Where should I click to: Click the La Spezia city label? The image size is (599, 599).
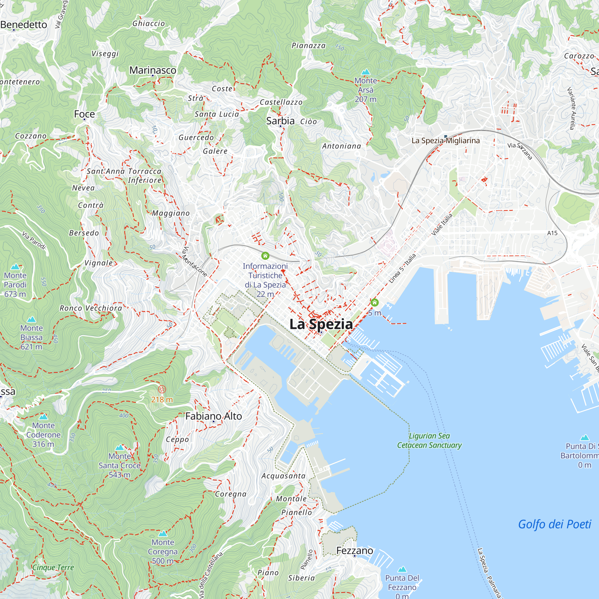(x=321, y=324)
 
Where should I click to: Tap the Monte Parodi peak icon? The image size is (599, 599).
(x=15, y=267)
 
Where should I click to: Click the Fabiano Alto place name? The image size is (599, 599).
(x=213, y=416)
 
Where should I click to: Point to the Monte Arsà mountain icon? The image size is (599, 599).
(x=366, y=72)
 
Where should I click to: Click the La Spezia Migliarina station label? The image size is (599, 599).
(x=446, y=141)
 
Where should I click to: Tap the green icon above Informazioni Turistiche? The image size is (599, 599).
(x=265, y=256)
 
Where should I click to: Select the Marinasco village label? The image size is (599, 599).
(x=152, y=70)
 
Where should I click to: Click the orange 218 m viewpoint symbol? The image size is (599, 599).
(x=162, y=389)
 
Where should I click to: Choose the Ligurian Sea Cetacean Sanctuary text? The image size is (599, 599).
(x=429, y=441)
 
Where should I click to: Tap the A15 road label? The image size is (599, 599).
(x=552, y=233)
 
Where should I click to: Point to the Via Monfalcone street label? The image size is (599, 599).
(x=194, y=261)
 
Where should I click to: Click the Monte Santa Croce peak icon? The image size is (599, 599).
(x=120, y=448)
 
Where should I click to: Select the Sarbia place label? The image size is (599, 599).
(x=280, y=121)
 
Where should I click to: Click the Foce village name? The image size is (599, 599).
(x=84, y=114)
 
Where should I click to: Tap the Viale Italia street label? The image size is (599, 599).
(x=442, y=224)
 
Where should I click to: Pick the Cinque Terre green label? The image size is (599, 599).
(x=53, y=567)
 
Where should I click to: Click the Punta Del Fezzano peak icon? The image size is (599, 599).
(x=402, y=569)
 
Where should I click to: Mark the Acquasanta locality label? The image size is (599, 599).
(x=283, y=476)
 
